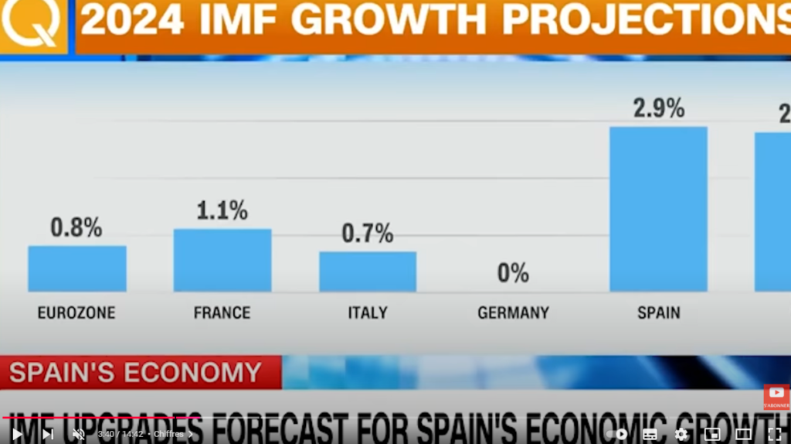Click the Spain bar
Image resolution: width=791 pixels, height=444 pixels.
coord(658,209)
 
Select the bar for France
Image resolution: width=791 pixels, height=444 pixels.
coord(222,260)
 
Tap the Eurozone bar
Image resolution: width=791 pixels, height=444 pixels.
coord(77,268)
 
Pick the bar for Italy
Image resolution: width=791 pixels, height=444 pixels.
coord(368,272)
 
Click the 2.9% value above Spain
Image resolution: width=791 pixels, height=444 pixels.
coord(658,108)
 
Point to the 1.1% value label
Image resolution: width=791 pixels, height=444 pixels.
coord(222,210)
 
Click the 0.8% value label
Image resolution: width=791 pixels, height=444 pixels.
coord(76,227)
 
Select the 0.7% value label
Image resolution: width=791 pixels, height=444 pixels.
coord(368,233)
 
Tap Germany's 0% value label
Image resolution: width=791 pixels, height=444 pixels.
coord(513,272)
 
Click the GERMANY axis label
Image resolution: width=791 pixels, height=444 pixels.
coord(513,313)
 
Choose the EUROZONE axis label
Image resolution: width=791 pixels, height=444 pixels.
coord(76,313)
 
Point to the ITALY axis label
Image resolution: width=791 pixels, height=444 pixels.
coord(368,313)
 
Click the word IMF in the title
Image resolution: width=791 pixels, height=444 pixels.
coord(239,21)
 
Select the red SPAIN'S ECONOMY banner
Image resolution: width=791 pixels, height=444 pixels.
coord(136,373)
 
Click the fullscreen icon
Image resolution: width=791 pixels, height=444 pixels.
coord(774,434)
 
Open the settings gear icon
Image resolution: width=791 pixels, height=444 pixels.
coord(681,434)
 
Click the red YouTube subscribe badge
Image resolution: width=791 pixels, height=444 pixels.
coord(776,396)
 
